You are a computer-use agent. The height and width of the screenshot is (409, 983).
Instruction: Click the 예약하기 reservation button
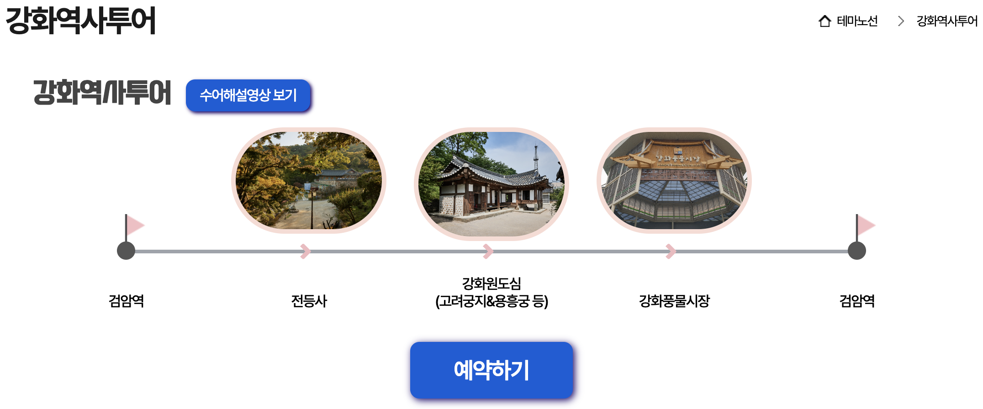point(491,370)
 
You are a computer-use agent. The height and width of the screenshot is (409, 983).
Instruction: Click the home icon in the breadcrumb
point(824,21)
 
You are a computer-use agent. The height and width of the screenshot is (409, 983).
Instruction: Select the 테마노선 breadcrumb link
point(857,21)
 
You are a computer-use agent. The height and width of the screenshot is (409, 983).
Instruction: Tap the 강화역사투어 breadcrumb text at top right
point(946,21)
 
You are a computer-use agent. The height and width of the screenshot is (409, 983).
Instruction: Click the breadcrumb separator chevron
point(901,21)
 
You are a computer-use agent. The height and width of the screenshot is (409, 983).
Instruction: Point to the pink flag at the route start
point(135,225)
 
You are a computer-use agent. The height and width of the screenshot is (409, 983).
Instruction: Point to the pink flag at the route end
point(866,225)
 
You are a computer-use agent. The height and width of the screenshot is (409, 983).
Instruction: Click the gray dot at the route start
point(126,251)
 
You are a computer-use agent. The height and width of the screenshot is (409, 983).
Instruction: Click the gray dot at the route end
point(857,251)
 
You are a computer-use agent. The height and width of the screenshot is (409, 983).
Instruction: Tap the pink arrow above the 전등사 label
point(306,251)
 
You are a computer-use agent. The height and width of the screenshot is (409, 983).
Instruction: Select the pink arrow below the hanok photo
point(488,251)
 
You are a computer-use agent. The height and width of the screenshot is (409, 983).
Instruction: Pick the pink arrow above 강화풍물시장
point(671,251)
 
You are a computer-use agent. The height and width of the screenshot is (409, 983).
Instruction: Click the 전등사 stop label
point(309,301)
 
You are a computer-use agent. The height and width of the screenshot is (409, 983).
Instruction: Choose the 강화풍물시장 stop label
point(674,301)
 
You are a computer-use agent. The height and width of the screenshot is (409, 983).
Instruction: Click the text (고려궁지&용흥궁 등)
point(491,301)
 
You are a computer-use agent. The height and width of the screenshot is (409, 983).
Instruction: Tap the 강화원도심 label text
point(491,283)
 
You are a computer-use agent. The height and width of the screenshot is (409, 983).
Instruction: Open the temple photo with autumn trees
point(309,181)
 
